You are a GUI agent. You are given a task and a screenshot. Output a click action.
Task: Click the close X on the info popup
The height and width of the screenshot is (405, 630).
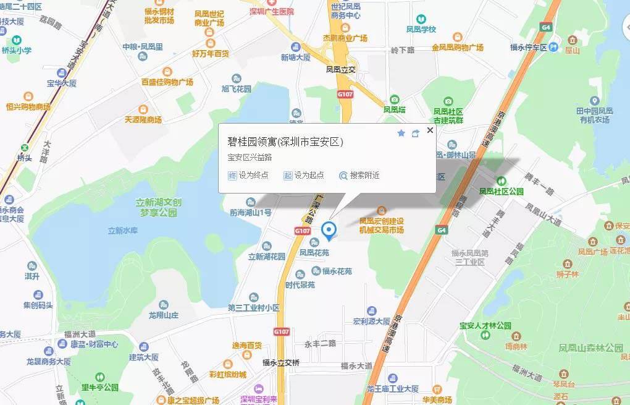coord(430,130)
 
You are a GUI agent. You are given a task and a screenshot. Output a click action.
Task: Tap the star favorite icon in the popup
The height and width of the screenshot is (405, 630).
coord(401,133)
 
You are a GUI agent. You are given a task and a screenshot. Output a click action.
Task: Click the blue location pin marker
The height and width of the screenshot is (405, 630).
coord(330,230)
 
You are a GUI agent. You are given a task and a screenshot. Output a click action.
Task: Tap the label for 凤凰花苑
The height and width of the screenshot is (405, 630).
coord(314,252)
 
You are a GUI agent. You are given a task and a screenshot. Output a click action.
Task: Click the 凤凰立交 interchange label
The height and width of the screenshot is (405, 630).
coord(342,70)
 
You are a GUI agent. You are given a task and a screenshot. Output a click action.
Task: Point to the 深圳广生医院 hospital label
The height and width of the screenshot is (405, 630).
coord(272,11)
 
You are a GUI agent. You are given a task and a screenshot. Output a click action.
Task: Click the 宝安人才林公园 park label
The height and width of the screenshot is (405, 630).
coord(485,326)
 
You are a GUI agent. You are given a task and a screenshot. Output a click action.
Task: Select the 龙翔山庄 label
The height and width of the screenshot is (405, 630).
coord(163,315)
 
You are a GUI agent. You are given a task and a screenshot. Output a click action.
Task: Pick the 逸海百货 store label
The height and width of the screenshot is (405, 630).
coord(246,345)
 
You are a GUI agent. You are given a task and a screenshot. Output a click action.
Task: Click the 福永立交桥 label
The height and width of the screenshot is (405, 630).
coord(281,362)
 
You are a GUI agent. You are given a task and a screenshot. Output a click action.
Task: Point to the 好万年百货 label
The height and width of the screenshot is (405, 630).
coord(211,54)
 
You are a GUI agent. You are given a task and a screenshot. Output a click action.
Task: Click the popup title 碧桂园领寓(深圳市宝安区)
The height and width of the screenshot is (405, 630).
coord(285,142)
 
